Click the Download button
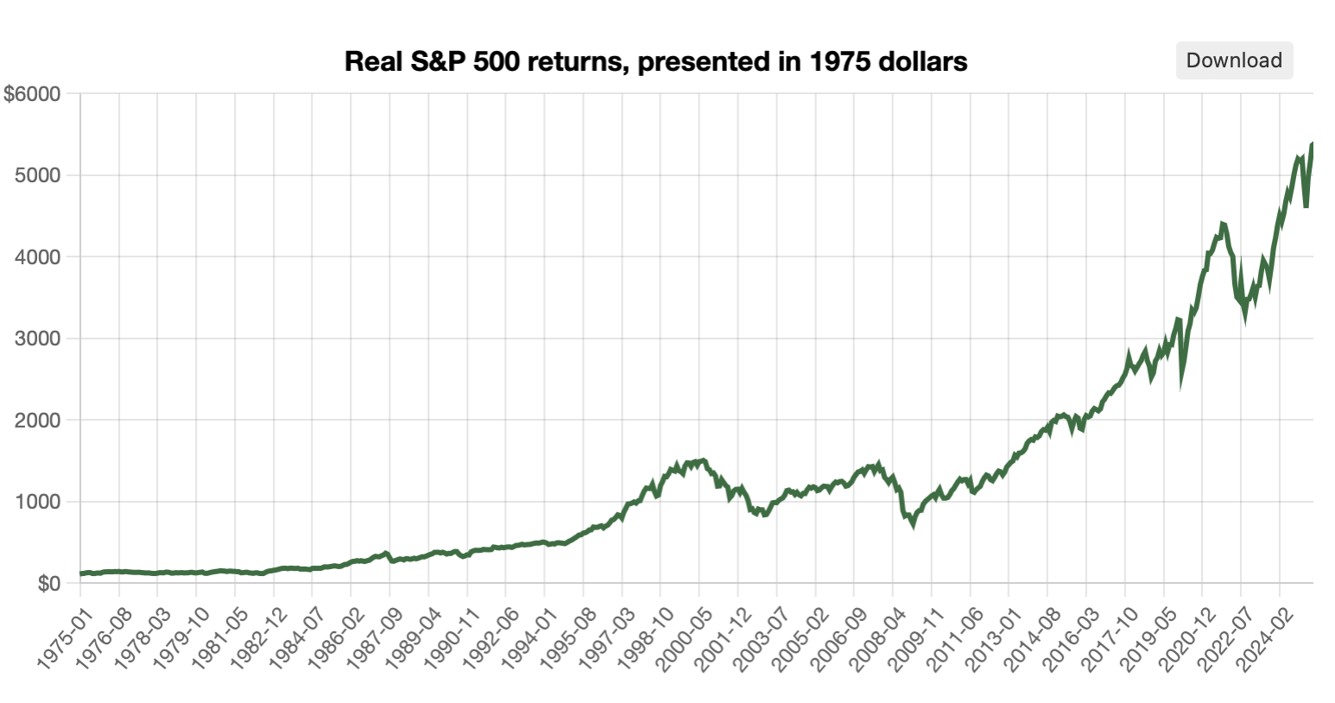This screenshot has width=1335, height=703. tap(1233, 60)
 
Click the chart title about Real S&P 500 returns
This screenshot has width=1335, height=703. tap(655, 62)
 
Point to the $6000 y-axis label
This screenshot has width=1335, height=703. tap(32, 94)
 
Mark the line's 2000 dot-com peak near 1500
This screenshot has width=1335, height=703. tap(703, 460)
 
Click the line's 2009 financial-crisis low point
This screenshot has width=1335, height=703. tap(913, 523)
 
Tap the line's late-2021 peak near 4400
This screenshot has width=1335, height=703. tap(1222, 225)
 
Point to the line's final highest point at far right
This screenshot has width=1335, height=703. tap(1313, 143)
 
